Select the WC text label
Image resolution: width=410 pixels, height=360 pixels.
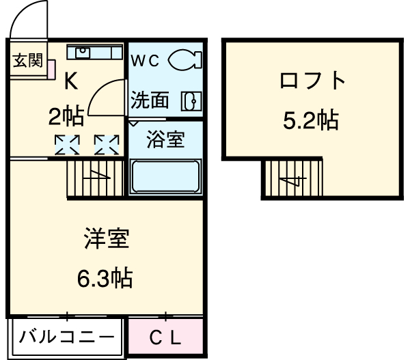[146, 60]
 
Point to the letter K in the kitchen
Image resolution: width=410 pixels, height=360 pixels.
[70, 82]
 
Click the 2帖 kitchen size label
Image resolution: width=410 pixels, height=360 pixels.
[66, 117]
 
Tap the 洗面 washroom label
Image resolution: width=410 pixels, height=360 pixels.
[150, 100]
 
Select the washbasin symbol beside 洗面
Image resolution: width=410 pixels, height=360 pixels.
[191, 101]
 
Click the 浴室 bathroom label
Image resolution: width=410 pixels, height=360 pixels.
[165, 140]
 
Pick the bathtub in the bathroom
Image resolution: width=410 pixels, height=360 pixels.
[165, 177]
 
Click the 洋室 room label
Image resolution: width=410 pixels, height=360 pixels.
[107, 240]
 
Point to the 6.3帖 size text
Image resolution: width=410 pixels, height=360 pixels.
[107, 278]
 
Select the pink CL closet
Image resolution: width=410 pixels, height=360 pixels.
[166, 337]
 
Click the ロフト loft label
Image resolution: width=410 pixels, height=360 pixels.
[312, 81]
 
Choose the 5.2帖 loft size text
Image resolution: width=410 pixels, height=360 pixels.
[311, 120]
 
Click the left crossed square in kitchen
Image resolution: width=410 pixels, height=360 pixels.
[67, 145]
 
